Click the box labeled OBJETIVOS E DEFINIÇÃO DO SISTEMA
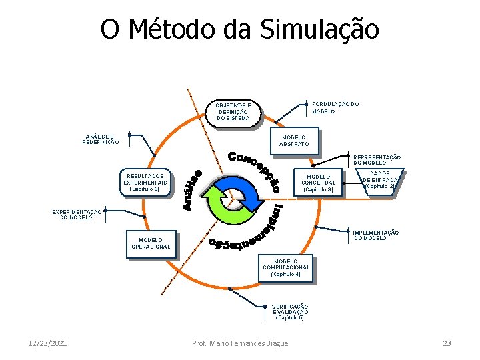[233, 112]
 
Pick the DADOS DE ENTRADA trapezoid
[380, 180]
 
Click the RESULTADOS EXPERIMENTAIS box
[143, 183]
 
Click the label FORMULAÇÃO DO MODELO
[335, 107]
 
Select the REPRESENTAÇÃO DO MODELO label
[377, 160]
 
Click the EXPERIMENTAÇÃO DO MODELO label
[77, 214]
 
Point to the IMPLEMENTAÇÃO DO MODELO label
[376, 235]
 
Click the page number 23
[447, 343]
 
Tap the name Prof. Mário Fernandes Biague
[240, 343]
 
